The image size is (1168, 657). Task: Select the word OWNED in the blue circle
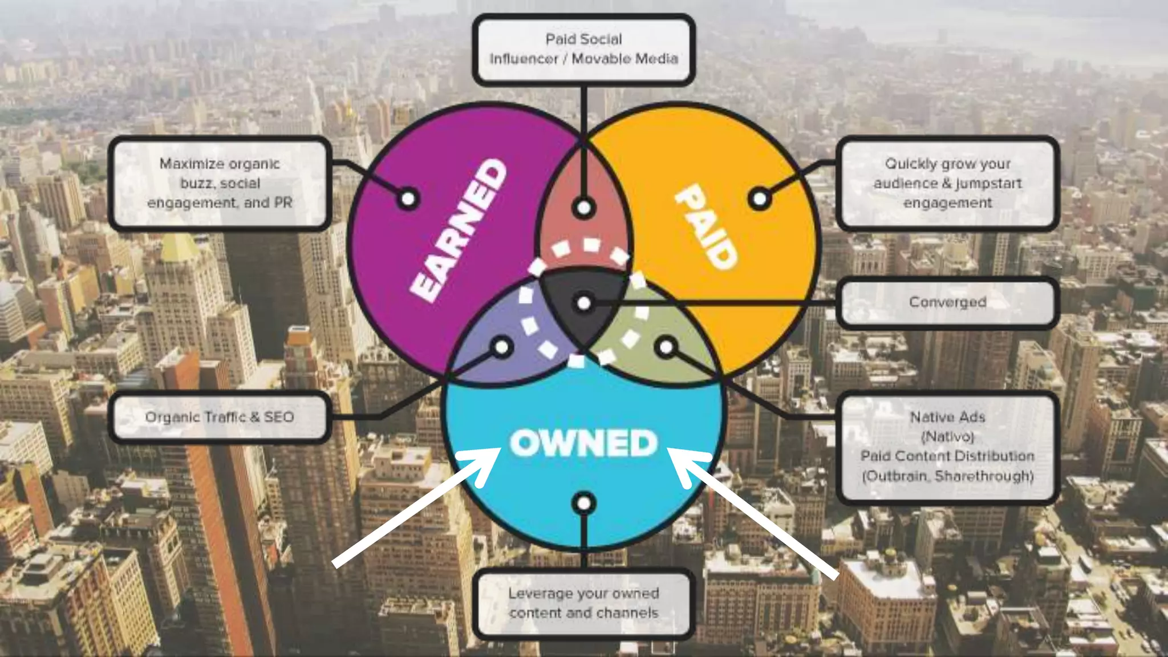click(x=583, y=443)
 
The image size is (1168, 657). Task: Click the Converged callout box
click(x=947, y=302)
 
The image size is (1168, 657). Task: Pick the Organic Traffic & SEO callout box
click(x=220, y=417)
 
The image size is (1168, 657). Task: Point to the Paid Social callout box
click(x=583, y=49)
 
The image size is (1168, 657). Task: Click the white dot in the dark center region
click(x=583, y=303)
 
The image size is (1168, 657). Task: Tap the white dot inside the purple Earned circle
click(x=408, y=199)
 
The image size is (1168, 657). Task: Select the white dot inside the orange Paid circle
click(x=760, y=199)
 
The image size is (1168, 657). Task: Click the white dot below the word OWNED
click(x=583, y=504)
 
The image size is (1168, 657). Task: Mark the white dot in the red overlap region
click(x=583, y=208)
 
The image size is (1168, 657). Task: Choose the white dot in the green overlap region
click(x=666, y=347)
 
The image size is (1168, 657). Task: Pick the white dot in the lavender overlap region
click(x=502, y=347)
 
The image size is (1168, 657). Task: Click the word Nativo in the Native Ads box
click(x=947, y=437)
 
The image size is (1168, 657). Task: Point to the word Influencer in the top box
click(x=524, y=59)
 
